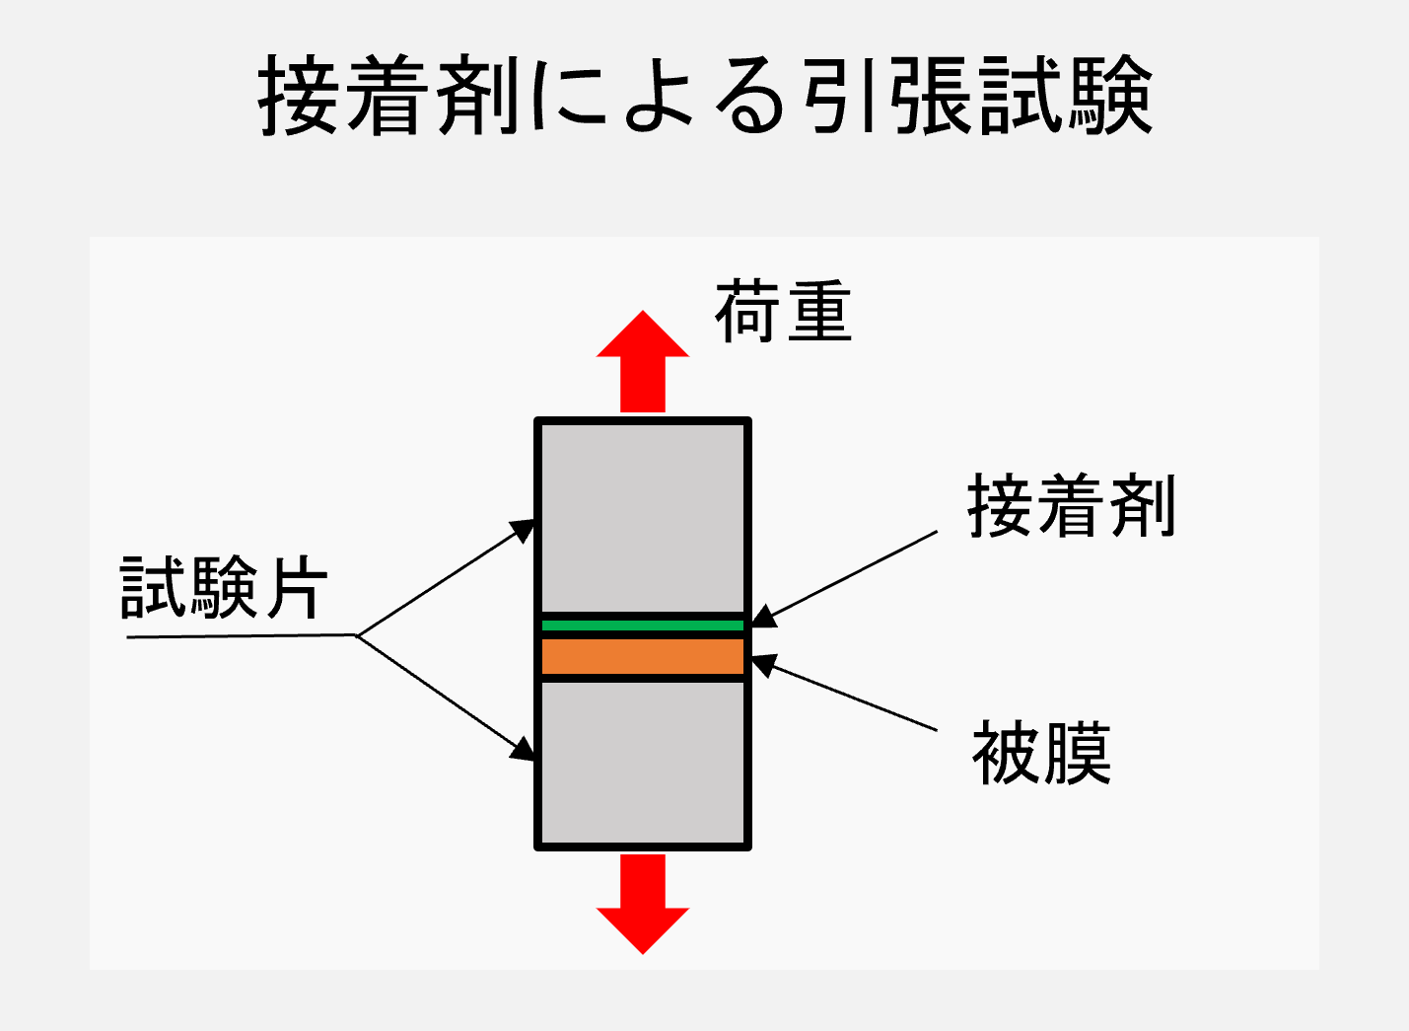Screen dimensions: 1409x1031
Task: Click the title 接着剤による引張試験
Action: tap(705, 95)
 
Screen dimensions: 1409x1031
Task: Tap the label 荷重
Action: tap(783, 312)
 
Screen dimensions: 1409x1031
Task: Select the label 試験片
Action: tap(224, 587)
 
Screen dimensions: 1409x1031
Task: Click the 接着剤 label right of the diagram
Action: tap(1071, 505)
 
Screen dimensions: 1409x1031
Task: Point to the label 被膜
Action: tap(1041, 753)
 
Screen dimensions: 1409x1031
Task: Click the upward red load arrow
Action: tap(643, 361)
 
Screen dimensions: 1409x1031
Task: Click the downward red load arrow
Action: tap(643, 904)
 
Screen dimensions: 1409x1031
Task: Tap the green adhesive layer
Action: tap(643, 626)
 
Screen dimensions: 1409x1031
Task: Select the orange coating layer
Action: tap(643, 656)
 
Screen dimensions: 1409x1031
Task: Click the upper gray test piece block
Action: tap(643, 518)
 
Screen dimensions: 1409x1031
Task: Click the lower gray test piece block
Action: tap(643, 763)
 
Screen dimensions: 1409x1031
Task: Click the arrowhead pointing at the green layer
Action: tap(763, 617)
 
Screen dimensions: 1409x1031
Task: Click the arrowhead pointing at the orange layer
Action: tap(763, 665)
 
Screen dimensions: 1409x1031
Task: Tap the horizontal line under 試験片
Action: tap(243, 636)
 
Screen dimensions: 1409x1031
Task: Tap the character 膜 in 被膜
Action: tap(1077, 753)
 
